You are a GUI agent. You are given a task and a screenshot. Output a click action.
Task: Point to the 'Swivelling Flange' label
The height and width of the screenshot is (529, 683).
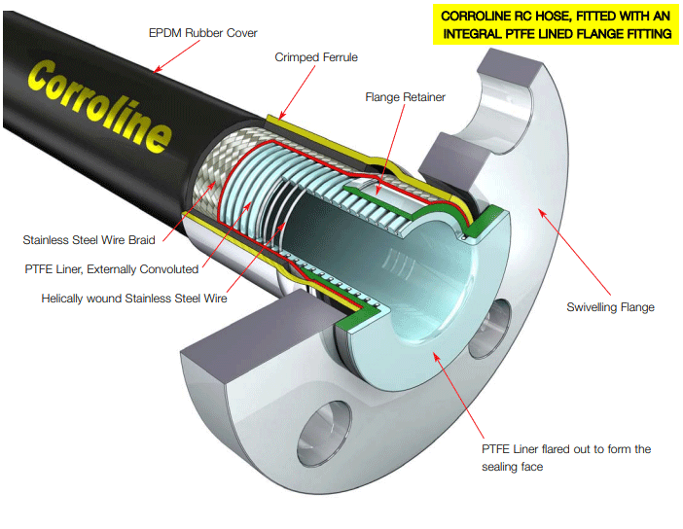(x=610, y=307)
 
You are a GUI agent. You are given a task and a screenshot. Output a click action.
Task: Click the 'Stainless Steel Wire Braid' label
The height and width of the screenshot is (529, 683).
(x=89, y=239)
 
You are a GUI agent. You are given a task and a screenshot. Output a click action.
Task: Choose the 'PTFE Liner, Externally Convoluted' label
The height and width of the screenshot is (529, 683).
(x=114, y=268)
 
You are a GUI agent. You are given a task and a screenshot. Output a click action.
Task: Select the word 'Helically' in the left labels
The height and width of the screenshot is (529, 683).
(x=65, y=299)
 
